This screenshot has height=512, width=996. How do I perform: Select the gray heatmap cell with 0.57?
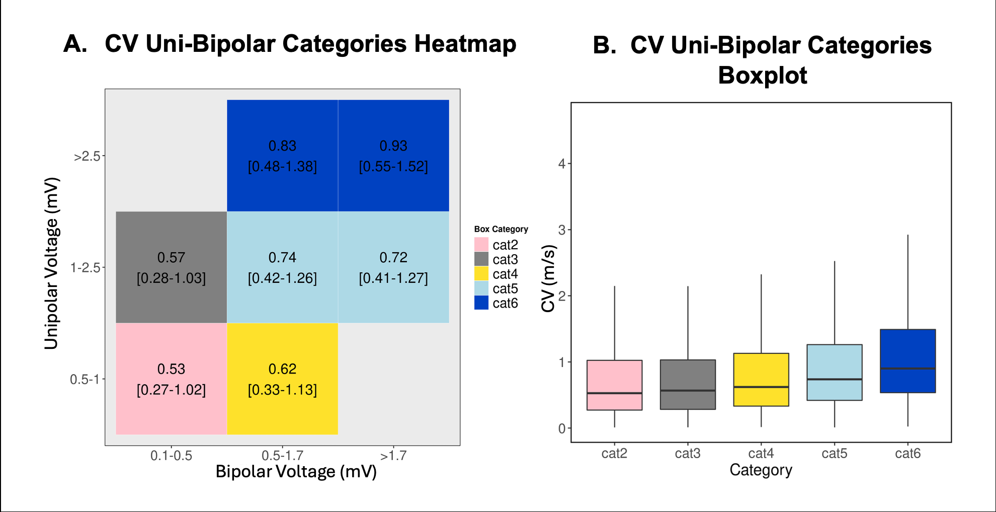point(172,267)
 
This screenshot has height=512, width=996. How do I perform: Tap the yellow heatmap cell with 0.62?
point(282,379)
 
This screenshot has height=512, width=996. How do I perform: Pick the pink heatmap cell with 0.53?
point(172,379)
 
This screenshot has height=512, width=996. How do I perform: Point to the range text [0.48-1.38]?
point(282,167)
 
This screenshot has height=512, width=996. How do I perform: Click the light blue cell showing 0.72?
point(393,267)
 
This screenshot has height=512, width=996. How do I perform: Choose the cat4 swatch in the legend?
point(481,274)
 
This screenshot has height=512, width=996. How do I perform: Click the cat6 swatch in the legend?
point(481,303)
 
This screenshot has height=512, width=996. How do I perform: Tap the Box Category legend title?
point(501,229)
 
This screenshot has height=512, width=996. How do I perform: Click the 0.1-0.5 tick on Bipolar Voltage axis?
point(172,456)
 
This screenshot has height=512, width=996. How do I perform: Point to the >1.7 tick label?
point(393,456)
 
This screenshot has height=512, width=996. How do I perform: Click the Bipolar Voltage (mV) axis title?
point(296,472)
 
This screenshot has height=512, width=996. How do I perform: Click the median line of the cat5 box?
point(835,379)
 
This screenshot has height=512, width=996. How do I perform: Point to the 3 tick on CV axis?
point(562,230)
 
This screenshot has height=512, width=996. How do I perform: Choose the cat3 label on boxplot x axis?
point(688,454)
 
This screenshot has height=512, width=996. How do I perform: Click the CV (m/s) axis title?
point(548,278)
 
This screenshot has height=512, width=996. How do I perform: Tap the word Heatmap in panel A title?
point(465,44)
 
